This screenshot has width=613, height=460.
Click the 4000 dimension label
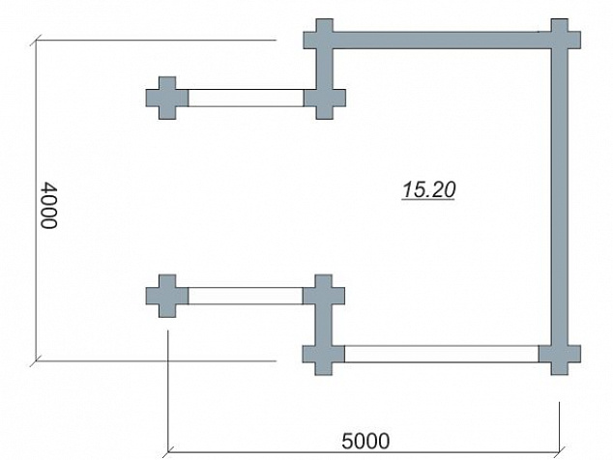point(49,205)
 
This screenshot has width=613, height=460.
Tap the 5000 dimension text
point(365,442)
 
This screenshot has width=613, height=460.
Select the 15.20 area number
point(428,190)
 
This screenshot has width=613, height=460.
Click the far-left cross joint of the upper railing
point(167,98)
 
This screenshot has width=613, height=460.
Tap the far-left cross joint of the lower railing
point(167,296)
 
